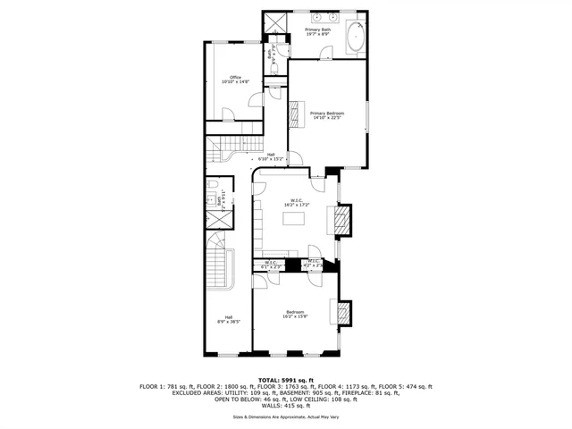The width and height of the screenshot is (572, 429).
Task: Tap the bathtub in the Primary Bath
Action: coord(355,37)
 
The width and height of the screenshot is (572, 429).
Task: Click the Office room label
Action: coord(235,78)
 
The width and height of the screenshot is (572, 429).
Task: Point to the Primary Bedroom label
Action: coord(327,114)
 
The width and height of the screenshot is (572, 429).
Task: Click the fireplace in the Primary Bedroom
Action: coord(295,114)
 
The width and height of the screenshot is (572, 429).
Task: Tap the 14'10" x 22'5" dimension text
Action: coord(327,118)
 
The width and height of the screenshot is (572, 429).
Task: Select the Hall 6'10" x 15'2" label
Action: coord(270,156)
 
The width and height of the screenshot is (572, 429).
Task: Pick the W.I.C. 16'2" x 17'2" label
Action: coord(298,202)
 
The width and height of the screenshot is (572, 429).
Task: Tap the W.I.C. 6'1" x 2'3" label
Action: coord(271,265)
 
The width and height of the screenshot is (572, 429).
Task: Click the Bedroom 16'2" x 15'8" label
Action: coord(294,314)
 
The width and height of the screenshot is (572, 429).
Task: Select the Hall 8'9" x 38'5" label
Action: coord(229,319)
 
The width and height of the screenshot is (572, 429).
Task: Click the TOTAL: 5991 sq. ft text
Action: coord(286,380)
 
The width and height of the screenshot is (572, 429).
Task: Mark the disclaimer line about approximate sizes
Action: coord(286,417)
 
